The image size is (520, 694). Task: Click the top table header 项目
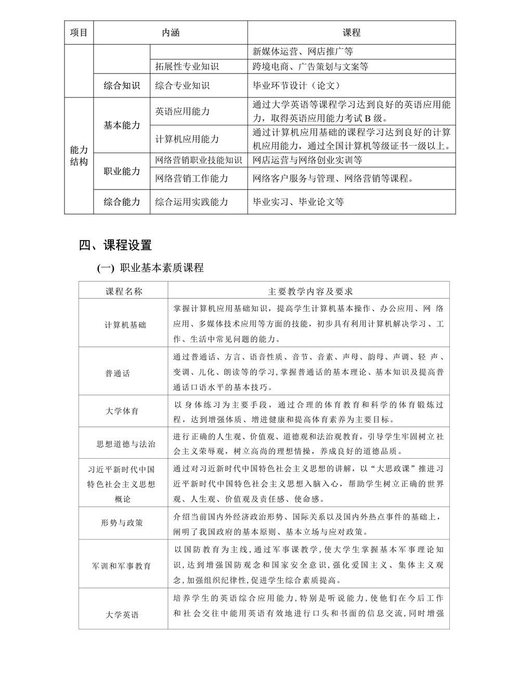coord(79,32)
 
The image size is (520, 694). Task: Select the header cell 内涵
coord(171,32)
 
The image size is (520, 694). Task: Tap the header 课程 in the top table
coord(352,32)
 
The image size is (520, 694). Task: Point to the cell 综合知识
coord(122,86)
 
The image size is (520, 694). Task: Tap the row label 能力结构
coord(79,156)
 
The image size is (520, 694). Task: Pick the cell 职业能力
coord(122,171)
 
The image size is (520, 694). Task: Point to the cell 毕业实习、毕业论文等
coord(298,202)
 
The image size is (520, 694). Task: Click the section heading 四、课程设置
coord(115,245)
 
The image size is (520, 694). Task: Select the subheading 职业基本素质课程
coord(161,268)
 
